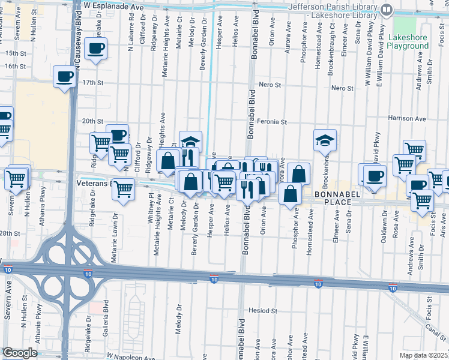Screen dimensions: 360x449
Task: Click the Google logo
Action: [20, 353]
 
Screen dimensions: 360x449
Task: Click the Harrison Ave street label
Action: [407, 119]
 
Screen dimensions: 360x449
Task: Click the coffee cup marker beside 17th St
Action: [64, 77]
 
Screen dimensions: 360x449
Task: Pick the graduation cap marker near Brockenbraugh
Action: [325, 140]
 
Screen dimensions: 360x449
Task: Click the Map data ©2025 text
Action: [423, 355]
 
